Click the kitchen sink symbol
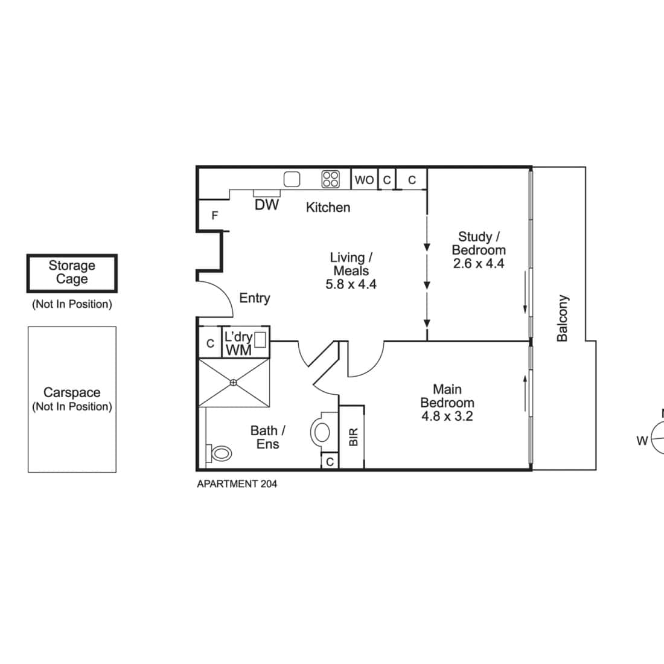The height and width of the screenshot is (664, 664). click(292, 179)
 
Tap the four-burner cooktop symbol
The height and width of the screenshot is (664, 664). click(330, 179)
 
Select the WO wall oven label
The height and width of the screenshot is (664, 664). click(364, 180)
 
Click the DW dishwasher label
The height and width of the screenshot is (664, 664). click(267, 205)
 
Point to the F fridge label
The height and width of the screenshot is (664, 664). click(215, 215)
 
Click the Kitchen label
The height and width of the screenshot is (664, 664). click(328, 208)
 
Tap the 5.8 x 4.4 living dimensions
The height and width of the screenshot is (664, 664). click(351, 284)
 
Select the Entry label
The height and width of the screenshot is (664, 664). click(255, 298)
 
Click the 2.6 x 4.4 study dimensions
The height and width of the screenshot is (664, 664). click(479, 263)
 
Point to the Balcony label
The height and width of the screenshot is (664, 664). click(563, 318)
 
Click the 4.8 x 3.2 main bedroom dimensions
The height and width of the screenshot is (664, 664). click(447, 417)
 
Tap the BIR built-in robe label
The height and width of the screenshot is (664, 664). click(354, 437)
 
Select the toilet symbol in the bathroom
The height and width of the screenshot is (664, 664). click(219, 453)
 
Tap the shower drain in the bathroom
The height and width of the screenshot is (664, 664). click(234, 383)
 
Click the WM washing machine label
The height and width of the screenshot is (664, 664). click(239, 351)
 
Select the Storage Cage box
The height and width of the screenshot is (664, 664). click(72, 273)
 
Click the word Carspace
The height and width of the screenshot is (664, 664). click(72, 392)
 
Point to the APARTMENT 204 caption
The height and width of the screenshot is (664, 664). click(237, 484)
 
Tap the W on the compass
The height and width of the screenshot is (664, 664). click(642, 441)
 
